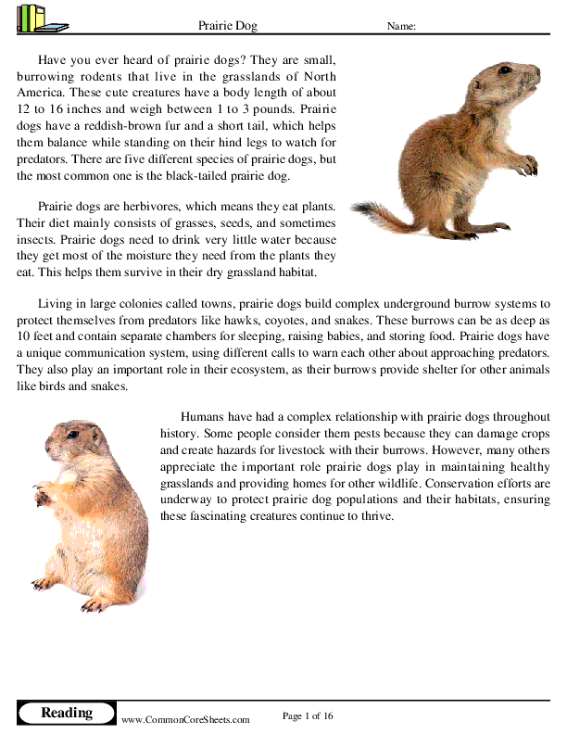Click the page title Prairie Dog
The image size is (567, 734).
(x=229, y=27)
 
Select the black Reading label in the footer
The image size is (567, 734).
(x=67, y=713)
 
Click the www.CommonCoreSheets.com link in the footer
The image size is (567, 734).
(x=185, y=719)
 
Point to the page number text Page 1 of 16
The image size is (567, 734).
(x=307, y=715)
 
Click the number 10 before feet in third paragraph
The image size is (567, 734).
(x=23, y=335)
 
